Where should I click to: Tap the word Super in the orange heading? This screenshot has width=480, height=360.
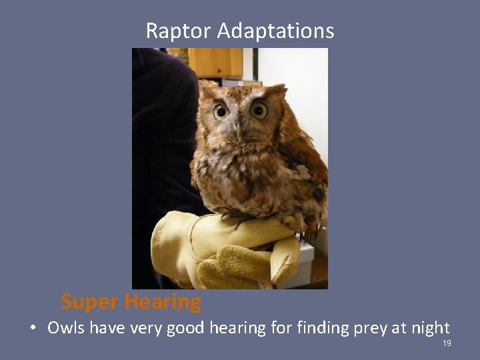[88, 302]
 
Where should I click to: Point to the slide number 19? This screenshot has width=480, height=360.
[447, 343]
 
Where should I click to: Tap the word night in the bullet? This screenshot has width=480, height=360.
[432, 329]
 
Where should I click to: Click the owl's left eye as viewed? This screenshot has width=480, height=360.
[221, 111]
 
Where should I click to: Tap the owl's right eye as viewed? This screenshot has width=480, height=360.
[259, 110]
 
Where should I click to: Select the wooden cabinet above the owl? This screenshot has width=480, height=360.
[215, 62]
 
